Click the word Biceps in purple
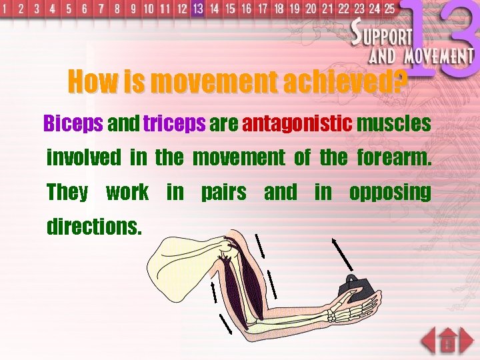pyautogui.click(x=73, y=124)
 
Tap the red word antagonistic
pyautogui.click(x=297, y=124)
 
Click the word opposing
pyautogui.click(x=389, y=193)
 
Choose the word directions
pyautogui.click(x=94, y=227)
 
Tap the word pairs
pyautogui.click(x=223, y=193)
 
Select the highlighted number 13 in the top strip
pyautogui.click(x=197, y=9)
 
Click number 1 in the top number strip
pyautogui.click(x=5, y=9)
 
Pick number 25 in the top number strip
pyautogui.click(x=388, y=9)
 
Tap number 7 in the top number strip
pyautogui.click(x=101, y=9)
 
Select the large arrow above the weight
pyautogui.click(x=343, y=254)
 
